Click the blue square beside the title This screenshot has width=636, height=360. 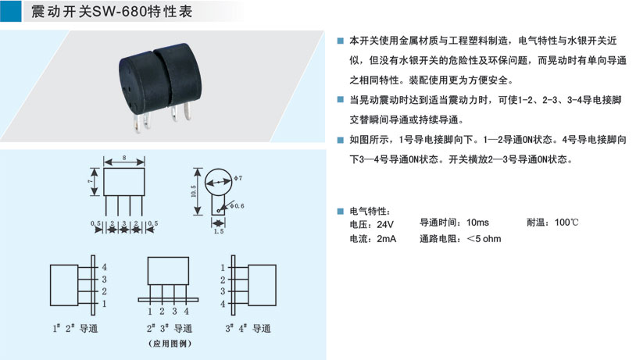10,11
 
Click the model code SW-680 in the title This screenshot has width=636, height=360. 120,12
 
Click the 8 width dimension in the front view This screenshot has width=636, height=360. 124,157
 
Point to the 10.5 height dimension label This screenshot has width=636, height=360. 194,191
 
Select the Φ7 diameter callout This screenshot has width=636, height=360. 238,177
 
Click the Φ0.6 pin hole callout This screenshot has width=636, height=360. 237,206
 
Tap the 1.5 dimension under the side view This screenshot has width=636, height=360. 219,231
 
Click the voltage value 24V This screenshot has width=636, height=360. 385,224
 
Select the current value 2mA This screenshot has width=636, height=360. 386,239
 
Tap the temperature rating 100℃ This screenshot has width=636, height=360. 566,222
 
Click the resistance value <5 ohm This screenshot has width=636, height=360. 484,239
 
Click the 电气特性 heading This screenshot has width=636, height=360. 370,211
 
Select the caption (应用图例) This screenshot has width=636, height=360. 170,344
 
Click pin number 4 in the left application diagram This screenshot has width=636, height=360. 104,267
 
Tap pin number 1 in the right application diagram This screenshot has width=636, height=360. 223,268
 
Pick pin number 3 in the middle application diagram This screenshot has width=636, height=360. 174,311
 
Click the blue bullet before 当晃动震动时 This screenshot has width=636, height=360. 341,100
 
